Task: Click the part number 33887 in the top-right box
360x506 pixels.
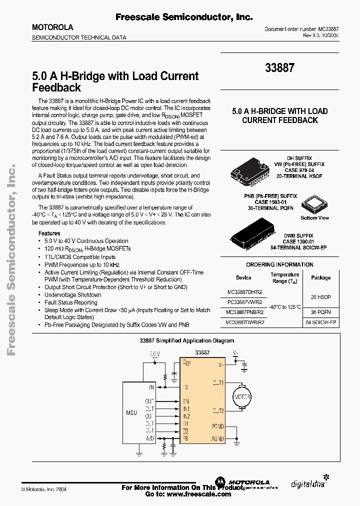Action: (280, 67)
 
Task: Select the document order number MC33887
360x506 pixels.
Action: (327, 29)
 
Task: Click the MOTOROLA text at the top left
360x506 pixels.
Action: (52, 27)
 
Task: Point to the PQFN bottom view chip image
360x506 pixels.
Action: (315, 204)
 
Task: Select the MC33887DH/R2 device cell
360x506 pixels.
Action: (244, 292)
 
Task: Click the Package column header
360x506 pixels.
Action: (320, 277)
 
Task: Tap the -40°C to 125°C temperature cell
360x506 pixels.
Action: (285, 307)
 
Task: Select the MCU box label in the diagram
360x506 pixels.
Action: (131, 413)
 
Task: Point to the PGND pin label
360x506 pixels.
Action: (217, 426)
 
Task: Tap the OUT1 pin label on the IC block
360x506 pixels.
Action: (217, 382)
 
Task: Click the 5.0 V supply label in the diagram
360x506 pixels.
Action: (155, 354)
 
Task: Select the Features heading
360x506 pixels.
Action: (49, 233)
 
